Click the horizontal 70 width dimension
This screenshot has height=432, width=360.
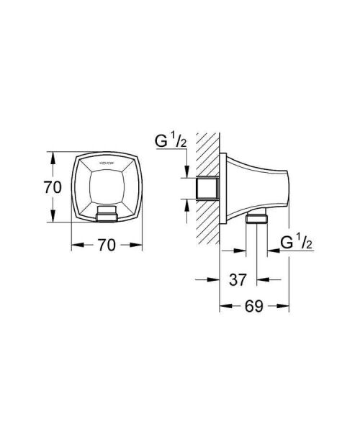tap(106, 245)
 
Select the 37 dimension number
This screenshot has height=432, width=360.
tap(238, 279)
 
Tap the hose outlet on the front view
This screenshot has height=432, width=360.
tap(106, 214)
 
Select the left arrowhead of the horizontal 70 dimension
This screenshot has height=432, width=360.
tap(74, 245)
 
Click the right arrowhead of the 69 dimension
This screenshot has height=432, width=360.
tap(286, 306)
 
